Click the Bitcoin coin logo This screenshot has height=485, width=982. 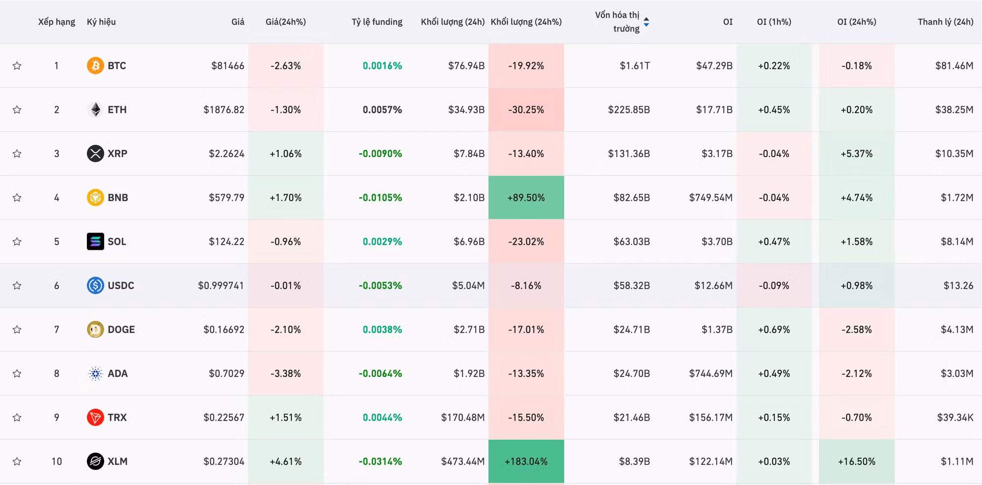[95, 65]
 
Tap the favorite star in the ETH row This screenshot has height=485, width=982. [17, 109]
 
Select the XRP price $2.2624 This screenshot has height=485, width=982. [226, 154]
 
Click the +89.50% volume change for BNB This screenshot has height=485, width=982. [526, 197]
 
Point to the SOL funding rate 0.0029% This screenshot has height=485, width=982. [382, 242]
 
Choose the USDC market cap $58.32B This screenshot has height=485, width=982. [631, 285]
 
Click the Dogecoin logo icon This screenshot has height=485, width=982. [95, 329]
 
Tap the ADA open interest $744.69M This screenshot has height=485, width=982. [710, 373]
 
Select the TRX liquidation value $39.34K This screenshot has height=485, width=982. [955, 417]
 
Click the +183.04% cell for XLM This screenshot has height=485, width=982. [526, 461]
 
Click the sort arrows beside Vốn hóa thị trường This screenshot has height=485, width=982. [646, 22]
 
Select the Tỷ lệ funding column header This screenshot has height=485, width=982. [377, 22]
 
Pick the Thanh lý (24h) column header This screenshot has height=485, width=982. [946, 22]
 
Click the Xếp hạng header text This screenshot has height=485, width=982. [56, 22]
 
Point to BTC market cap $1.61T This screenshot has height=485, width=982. [634, 65]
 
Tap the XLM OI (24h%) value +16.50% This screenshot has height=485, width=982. [856, 461]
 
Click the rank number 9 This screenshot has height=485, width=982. [56, 417]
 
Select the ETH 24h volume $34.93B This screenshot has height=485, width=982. [466, 109]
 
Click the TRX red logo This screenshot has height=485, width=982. [95, 417]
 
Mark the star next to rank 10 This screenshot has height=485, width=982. [17, 461]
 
